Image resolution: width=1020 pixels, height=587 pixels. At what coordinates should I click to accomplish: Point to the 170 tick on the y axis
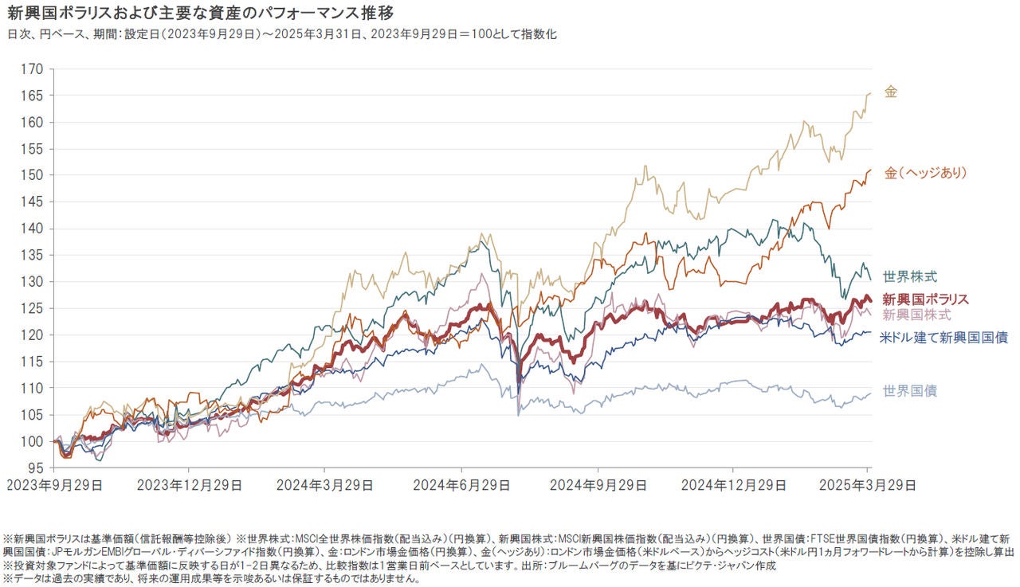33,69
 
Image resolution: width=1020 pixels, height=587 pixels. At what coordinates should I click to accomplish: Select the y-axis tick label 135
33,255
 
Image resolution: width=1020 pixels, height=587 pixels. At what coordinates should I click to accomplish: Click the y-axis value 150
33,175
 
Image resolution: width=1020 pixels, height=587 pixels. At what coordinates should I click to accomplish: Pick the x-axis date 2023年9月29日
53,484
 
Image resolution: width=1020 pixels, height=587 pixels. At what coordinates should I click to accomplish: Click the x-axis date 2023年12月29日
187,484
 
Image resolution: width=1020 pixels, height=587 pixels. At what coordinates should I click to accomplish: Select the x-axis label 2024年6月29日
461,484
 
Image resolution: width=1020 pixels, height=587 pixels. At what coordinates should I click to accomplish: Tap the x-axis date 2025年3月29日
869,484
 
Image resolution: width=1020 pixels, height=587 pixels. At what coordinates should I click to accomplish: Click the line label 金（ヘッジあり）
925,173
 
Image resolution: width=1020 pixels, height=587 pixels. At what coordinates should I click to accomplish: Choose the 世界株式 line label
909,276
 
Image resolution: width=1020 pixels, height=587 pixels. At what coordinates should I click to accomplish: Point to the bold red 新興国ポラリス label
926,299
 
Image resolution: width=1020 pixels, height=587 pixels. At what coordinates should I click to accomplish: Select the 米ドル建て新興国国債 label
943,338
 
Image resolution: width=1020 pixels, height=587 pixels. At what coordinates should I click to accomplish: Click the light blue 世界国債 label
909,390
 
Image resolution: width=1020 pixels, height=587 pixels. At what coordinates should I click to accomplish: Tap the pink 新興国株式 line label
916,315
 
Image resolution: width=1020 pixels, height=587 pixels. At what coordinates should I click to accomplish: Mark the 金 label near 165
891,92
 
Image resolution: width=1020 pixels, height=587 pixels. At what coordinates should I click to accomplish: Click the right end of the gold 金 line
869,93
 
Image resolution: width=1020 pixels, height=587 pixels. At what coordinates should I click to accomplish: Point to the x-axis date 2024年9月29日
598,484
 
